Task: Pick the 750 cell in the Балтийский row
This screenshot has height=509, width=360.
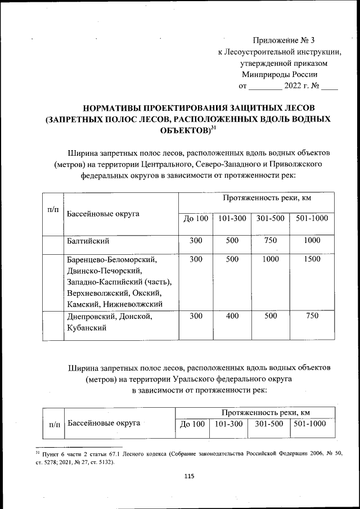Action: coord(271,241)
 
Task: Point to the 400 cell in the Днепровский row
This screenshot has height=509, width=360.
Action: coord(232,316)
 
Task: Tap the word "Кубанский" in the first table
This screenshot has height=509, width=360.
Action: coord(87,328)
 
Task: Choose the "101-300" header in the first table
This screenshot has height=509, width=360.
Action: coord(232,218)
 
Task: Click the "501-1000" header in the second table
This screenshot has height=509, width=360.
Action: coord(310,423)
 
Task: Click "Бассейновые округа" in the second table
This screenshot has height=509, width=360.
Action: coord(103,422)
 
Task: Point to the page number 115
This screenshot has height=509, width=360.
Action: coord(189,476)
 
